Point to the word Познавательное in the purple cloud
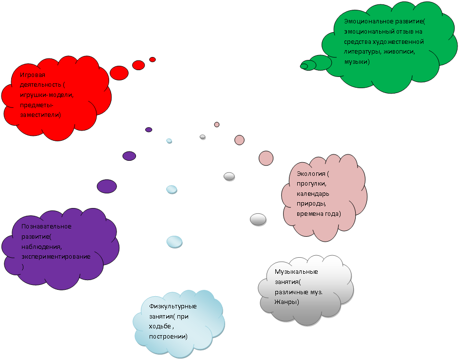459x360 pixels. point(46,227)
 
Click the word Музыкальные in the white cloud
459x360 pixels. point(296,272)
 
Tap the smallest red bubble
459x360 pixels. point(153,59)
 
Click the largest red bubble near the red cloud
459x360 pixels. point(119,73)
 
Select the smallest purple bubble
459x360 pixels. point(149,130)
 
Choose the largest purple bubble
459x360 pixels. point(107,186)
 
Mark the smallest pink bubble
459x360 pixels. point(217,124)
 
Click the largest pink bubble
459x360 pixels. point(266,158)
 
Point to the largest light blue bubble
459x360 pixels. point(174,241)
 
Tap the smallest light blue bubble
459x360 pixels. point(169,140)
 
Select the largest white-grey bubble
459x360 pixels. point(258,219)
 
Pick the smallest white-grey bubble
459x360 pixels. point(203,137)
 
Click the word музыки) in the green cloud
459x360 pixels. point(357,62)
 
